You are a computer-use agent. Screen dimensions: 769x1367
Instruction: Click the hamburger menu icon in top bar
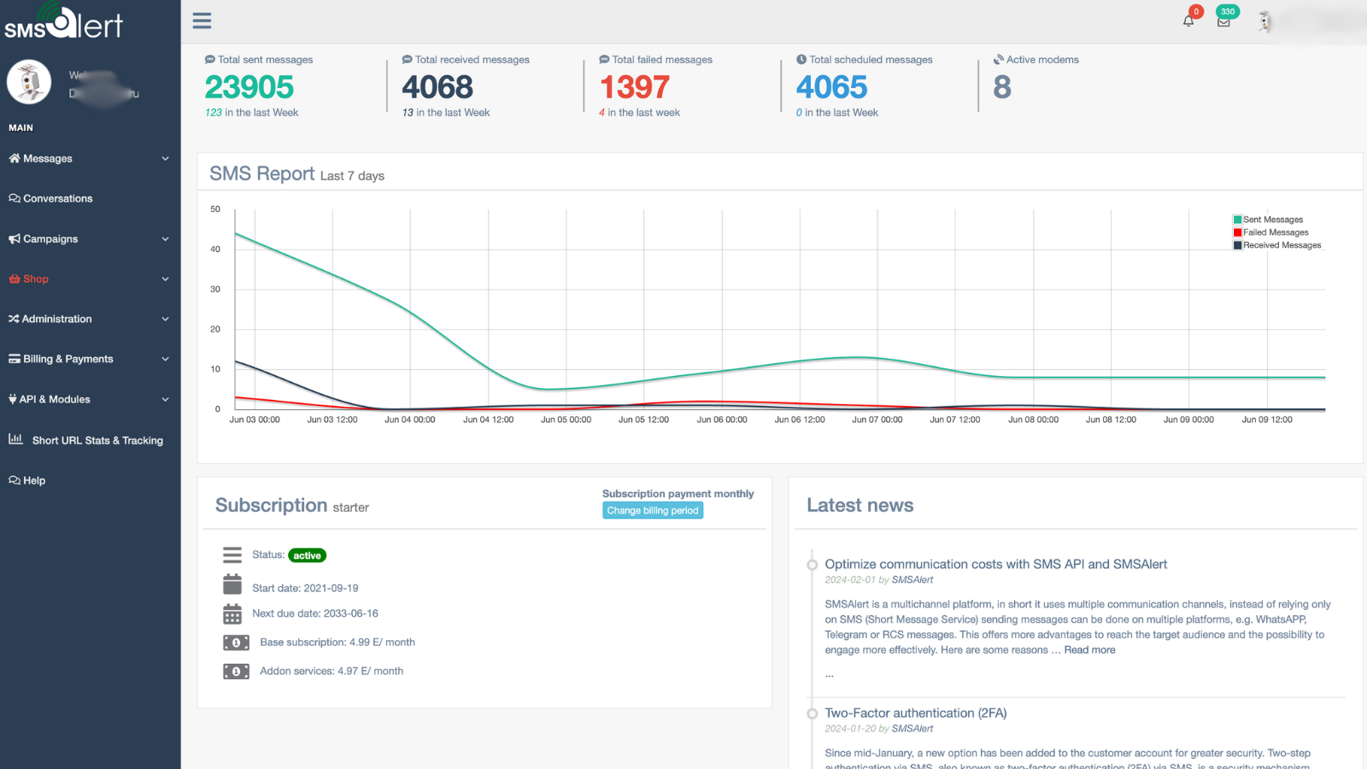202,21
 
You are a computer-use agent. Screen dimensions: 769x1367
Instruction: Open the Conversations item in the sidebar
57,198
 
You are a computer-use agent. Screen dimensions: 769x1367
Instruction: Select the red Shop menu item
35,279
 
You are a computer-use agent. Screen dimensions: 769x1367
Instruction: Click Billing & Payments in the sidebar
67,359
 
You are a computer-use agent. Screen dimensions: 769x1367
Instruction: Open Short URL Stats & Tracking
97,440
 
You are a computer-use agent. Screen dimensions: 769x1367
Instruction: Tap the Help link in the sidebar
34,480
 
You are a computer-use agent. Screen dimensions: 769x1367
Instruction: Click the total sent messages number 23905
249,87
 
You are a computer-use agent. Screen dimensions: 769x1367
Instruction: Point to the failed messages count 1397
634,87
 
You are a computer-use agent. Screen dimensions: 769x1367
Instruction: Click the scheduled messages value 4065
831,87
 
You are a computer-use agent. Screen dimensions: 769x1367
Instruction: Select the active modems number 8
1002,87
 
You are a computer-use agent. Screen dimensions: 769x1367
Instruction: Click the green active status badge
307,555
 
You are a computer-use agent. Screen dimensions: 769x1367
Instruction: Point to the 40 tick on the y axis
215,249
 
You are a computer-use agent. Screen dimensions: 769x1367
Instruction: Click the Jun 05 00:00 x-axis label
566,420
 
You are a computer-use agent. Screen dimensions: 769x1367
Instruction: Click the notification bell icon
1188,21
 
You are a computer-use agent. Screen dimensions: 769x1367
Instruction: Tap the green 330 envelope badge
1227,12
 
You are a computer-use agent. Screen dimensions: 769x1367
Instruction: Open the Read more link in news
1089,650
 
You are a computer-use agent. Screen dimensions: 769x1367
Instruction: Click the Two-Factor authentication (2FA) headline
915,713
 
